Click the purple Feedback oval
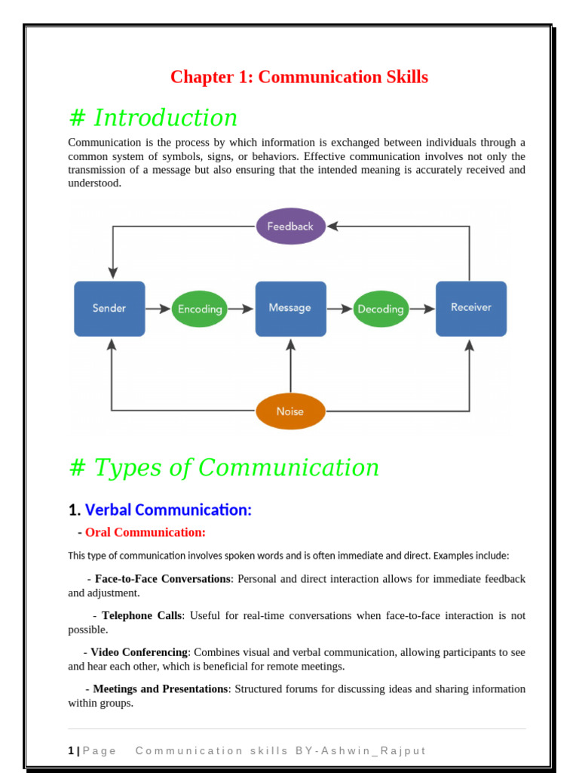[x=290, y=226]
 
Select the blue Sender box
[x=109, y=308]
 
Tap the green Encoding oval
[x=199, y=309]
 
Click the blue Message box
[x=290, y=308]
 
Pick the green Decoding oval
[x=381, y=309]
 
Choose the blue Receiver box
[x=471, y=308]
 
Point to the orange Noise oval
[x=290, y=411]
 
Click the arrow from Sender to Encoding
[x=158, y=308]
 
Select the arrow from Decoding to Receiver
[x=422, y=308]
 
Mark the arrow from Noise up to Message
[x=291, y=366]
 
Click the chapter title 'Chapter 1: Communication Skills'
[x=299, y=77]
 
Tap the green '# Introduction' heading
[x=153, y=118]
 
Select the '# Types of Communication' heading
[x=224, y=467]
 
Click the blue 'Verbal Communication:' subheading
[x=168, y=510]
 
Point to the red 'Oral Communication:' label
[x=145, y=532]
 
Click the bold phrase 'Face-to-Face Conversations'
[x=162, y=578]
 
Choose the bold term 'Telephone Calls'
[x=142, y=615]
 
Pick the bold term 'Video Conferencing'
[x=139, y=651]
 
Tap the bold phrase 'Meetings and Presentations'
[x=160, y=688]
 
